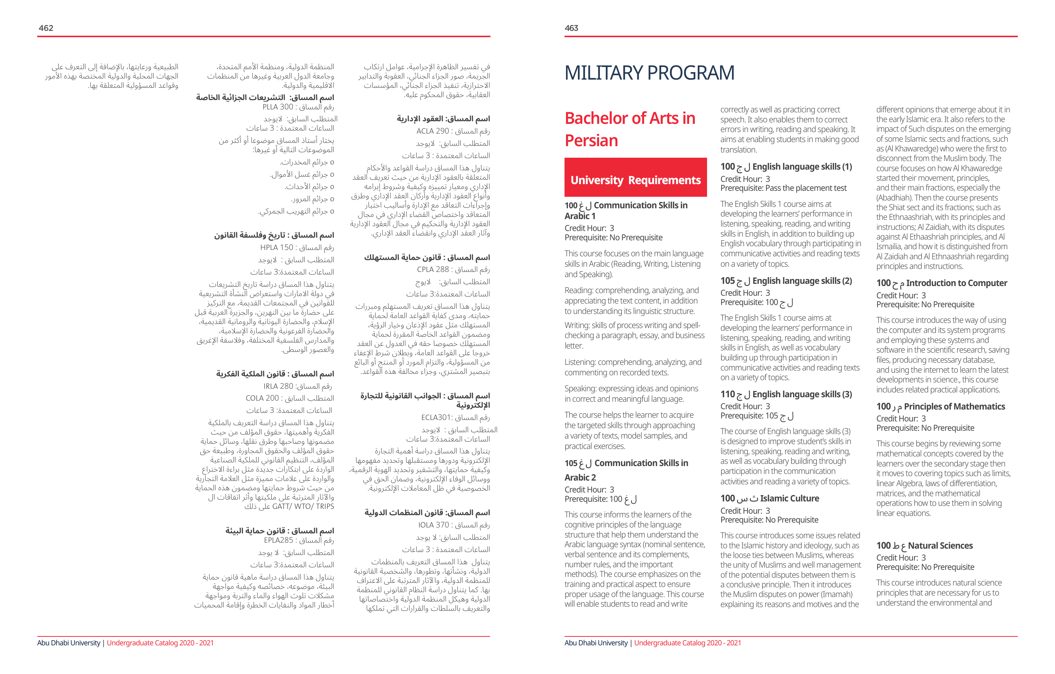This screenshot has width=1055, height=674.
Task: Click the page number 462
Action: pyautogui.click(x=46, y=28)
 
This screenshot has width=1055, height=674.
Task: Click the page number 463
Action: pyautogui.click(x=571, y=28)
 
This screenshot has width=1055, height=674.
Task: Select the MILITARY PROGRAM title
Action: pyautogui.click(x=649, y=73)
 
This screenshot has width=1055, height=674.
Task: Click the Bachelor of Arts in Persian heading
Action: pyautogui.click(x=630, y=129)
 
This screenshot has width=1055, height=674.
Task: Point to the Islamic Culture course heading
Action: pyautogui.click(x=770, y=498)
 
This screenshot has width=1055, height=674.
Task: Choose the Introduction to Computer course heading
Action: pyautogui.click(x=941, y=283)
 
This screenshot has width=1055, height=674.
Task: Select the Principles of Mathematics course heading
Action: pyautogui.click(x=941, y=407)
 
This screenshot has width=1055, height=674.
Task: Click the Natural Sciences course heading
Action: pyautogui.click(x=924, y=546)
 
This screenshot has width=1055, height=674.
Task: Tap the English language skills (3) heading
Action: pyautogui.click(x=786, y=395)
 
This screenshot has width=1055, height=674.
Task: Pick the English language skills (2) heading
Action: pyautogui.click(x=786, y=281)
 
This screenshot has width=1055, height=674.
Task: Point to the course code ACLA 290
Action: pyautogui.click(x=432, y=131)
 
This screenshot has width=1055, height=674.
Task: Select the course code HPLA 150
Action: pyautogui.click(x=276, y=247)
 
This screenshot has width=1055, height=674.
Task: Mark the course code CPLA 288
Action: pyautogui.click(x=433, y=269)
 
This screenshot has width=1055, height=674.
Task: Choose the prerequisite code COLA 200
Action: pyautogui.click(x=262, y=398)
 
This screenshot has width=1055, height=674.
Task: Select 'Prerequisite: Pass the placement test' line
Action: pyautogui.click(x=783, y=188)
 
